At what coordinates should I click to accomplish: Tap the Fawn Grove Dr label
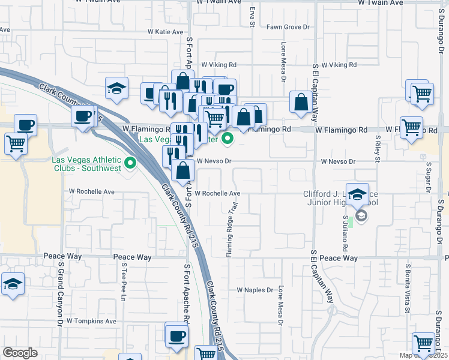point(288,27)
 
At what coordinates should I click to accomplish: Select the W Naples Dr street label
point(255,289)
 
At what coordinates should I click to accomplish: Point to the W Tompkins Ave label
point(91,321)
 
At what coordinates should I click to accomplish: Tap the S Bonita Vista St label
point(408,287)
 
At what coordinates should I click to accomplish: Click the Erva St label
point(253,17)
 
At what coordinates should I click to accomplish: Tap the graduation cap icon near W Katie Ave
point(116,89)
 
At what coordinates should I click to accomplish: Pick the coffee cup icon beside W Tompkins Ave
point(176,335)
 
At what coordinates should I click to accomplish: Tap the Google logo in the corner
point(20,352)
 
